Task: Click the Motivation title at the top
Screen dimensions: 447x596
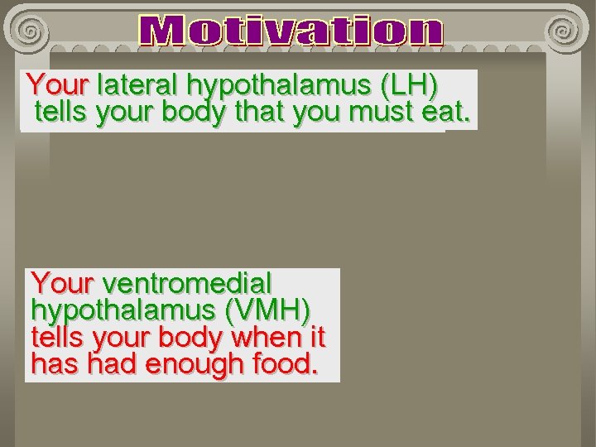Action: coord(291,31)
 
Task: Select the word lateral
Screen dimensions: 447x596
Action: coord(137,85)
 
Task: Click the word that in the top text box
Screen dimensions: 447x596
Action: coord(259,113)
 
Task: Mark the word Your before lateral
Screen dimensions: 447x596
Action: coord(56,85)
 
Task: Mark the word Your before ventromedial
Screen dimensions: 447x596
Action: coord(62,284)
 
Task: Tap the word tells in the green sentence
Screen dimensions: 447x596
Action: coord(63,113)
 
